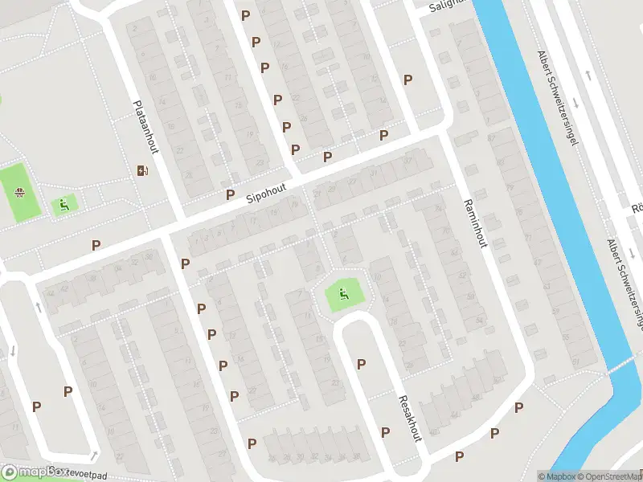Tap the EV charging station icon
[x=142, y=170]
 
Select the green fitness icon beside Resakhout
[x=344, y=295]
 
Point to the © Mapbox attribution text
[x=557, y=476]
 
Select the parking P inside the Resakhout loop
[x=361, y=364]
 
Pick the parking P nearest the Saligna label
[x=408, y=80]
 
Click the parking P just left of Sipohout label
[x=230, y=194]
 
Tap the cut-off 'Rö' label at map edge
[x=637, y=208]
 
